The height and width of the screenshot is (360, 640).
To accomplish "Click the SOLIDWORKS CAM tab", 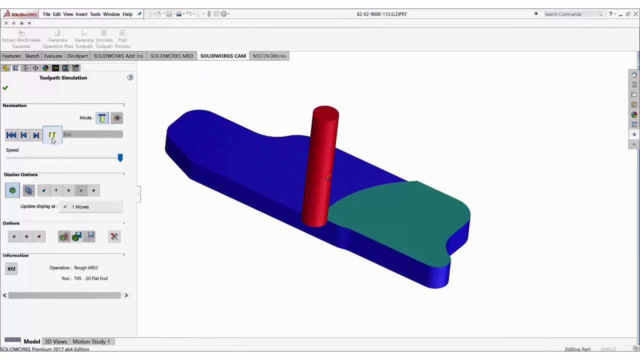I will pyautogui.click(x=223, y=56).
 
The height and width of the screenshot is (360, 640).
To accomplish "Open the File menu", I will pyautogui.click(x=46, y=14).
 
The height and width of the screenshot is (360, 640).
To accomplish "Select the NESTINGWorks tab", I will pyautogui.click(x=269, y=56).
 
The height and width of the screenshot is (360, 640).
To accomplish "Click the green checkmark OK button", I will pyautogui.click(x=5, y=88).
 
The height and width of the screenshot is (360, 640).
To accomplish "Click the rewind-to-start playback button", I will pyautogui.click(x=11, y=135).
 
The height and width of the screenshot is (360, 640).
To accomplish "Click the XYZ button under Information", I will pyautogui.click(x=11, y=269).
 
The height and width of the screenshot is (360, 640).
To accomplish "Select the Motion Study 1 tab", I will pyautogui.click(x=91, y=341).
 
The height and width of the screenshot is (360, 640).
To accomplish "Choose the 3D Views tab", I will pyautogui.click(x=55, y=341).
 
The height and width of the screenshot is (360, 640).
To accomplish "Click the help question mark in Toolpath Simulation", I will pyautogui.click(x=130, y=77).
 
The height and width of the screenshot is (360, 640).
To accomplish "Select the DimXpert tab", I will pyautogui.click(x=77, y=56).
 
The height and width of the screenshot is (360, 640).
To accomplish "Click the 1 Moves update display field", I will pyautogui.click(x=95, y=206).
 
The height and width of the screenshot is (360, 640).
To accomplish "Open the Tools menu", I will pyautogui.click(x=95, y=14).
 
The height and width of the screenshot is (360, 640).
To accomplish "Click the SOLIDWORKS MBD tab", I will pyautogui.click(x=171, y=56).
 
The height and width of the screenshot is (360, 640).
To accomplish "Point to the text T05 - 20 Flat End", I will pyautogui.click(x=91, y=278).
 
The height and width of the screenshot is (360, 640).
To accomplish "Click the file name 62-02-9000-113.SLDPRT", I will pyautogui.click(x=381, y=14).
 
